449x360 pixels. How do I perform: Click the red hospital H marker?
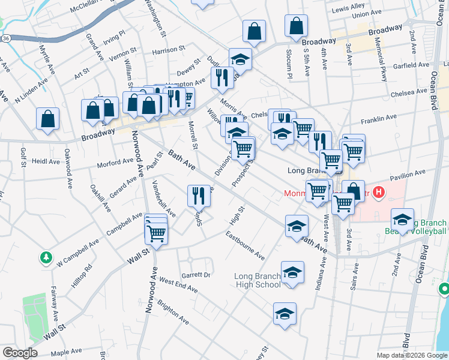click(x=378, y=193)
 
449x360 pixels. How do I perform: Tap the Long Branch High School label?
click(x=257, y=280)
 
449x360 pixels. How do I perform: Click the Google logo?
click(x=20, y=353)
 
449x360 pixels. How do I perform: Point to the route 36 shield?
click(x=5, y=37)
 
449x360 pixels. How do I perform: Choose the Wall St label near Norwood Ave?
click(x=137, y=259)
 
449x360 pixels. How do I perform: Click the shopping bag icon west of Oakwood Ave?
click(x=47, y=118)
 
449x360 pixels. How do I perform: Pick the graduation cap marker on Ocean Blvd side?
click(x=402, y=220)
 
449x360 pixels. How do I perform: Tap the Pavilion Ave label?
click(x=407, y=175)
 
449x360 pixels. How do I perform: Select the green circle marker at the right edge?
click(x=444, y=289)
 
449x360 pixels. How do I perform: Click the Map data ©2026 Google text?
click(x=411, y=355)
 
